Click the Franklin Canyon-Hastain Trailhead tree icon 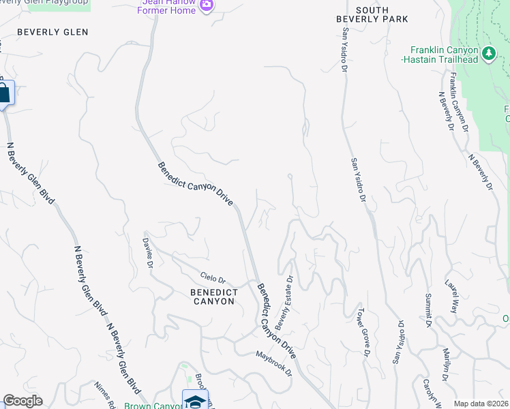click(x=488, y=54)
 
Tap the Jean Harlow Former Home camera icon click(x=207, y=5)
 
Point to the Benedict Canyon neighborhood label click(x=213, y=297)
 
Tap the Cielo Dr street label click(x=217, y=279)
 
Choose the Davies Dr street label click(x=151, y=253)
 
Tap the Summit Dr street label click(x=429, y=311)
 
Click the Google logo click(x=22, y=401)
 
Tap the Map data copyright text click(x=481, y=404)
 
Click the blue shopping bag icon click(x=3, y=93)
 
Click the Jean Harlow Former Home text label click(x=168, y=5)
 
